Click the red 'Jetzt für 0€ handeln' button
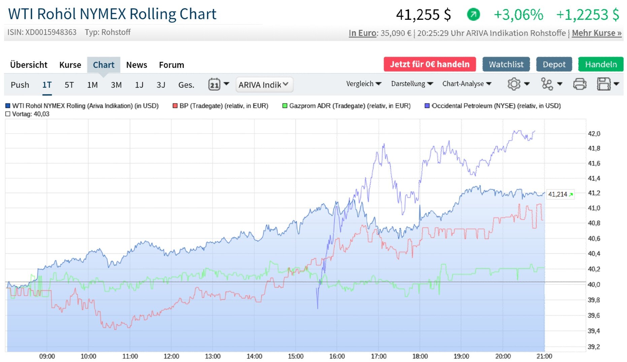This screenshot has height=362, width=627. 429,64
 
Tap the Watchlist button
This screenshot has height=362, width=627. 506,64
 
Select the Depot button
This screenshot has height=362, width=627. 554,64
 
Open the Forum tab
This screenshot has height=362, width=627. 171,65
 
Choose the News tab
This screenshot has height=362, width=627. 136,65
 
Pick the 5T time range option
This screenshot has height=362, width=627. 69,85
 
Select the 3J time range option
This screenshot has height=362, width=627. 161,85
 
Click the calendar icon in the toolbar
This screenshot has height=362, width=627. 214,84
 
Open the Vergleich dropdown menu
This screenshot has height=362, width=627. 363,84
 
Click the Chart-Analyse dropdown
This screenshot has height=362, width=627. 466,84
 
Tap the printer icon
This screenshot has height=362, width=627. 580,84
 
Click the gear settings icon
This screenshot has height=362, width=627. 514,84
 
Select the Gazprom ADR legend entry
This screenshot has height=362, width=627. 350,106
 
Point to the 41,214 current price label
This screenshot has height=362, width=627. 560,194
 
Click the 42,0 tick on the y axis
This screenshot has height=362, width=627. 594,134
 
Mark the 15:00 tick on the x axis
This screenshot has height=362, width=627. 296,356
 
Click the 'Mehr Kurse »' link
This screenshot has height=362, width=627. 596,33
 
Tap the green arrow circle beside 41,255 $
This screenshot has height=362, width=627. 473,14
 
